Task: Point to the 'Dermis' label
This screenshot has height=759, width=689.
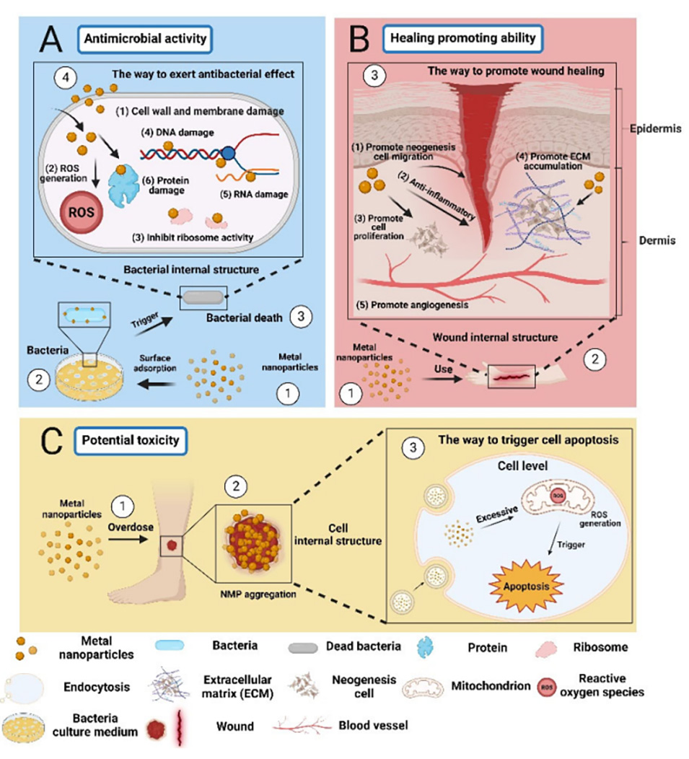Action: coord(657,240)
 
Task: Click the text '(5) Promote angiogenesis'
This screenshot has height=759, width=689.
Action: coord(429,304)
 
